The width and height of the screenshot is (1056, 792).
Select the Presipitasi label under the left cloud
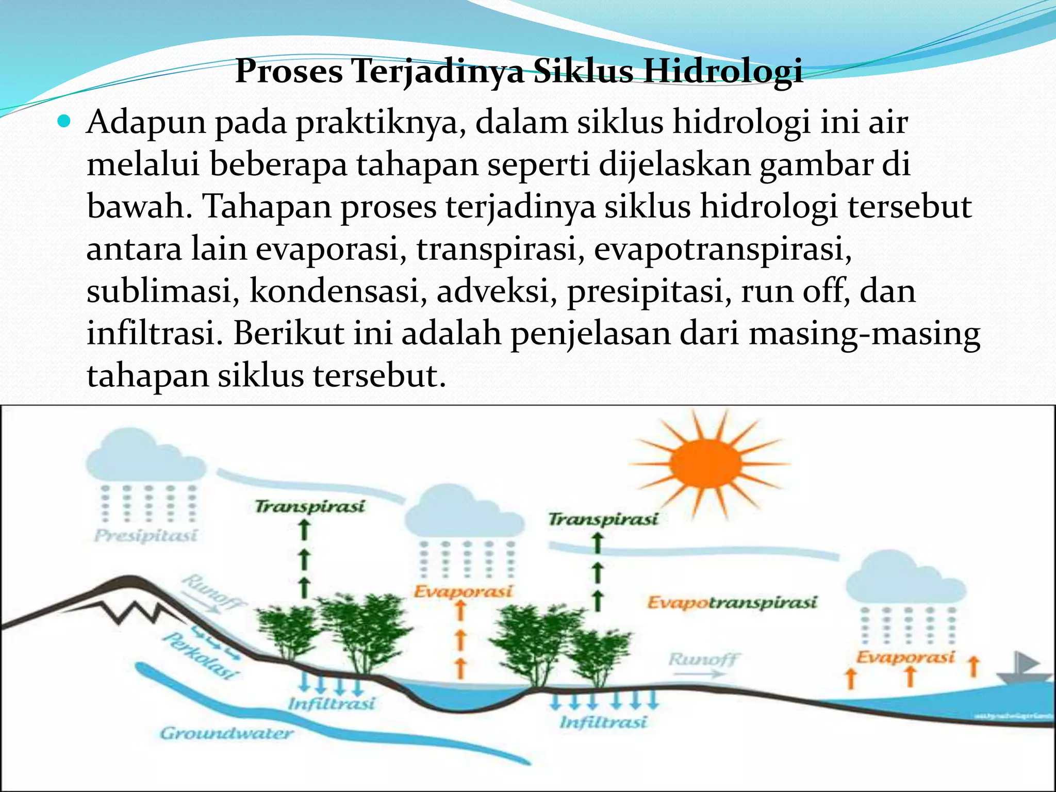pyautogui.click(x=146, y=536)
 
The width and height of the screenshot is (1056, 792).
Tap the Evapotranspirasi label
pyautogui.click(x=732, y=602)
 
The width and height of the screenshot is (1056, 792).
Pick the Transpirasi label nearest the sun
pyautogui.click(x=603, y=519)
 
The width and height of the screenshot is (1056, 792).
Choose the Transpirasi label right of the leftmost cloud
pyautogui.click(x=310, y=506)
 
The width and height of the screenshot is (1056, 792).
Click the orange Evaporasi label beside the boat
pyautogui.click(x=905, y=657)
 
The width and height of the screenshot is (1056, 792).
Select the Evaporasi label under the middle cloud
pyautogui.click(x=464, y=591)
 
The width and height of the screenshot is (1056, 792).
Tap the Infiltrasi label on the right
pyautogui.click(x=603, y=722)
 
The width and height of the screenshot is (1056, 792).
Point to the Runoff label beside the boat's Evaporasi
pyautogui.click(x=703, y=659)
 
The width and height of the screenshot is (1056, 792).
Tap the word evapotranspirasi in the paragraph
pyautogui.click(x=722, y=249)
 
